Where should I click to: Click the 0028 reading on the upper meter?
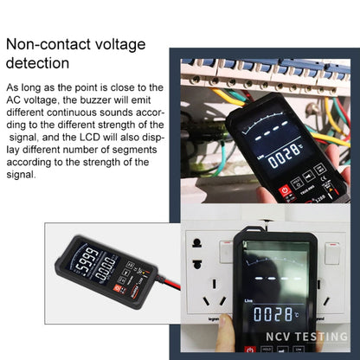(283, 158)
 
